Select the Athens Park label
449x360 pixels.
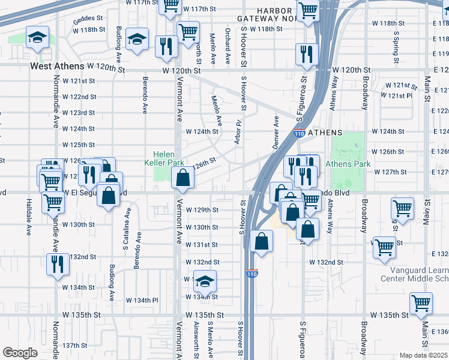coord(348,164)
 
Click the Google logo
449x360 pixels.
coord(20,353)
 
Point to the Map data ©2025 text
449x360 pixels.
coord(423,355)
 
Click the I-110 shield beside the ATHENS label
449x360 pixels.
coord(298,134)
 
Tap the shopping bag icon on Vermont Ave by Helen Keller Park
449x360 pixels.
coord(182,178)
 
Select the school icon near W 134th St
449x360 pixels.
coord(205,281)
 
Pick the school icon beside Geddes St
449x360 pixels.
coord(37,38)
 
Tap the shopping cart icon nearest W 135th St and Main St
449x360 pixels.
coord(421,304)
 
